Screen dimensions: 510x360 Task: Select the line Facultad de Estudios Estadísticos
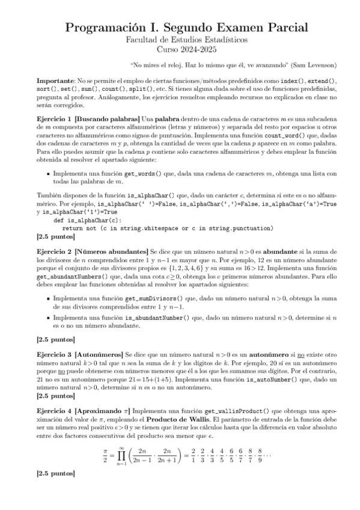coord(180,39)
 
